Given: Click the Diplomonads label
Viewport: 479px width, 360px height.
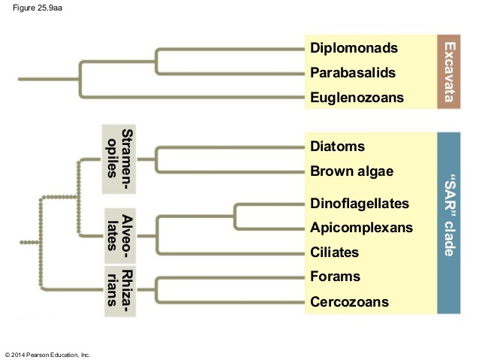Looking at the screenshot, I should click(354, 48).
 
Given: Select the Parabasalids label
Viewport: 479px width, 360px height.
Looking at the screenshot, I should click(353, 74).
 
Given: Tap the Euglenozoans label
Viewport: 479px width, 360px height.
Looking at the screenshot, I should click(357, 98).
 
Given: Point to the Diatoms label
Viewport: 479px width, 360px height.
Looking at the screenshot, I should click(337, 146).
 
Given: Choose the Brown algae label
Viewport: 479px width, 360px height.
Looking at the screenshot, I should click(351, 171).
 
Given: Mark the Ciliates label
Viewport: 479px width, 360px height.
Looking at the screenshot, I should click(335, 253).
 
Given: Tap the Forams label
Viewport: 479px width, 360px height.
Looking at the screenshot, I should click(335, 277).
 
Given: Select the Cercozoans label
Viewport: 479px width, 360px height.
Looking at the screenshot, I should click(349, 302).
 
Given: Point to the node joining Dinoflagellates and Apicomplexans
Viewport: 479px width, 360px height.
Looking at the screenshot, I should click(236, 216).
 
